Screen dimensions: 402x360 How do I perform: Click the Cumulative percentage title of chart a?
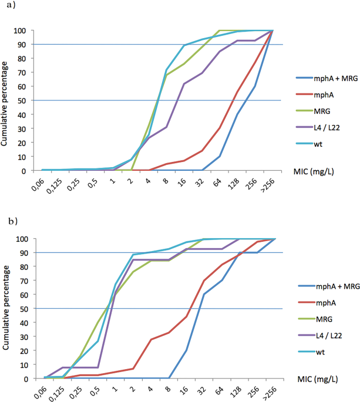click(x=7, y=100)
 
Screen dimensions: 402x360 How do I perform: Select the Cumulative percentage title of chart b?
click(x=7, y=308)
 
